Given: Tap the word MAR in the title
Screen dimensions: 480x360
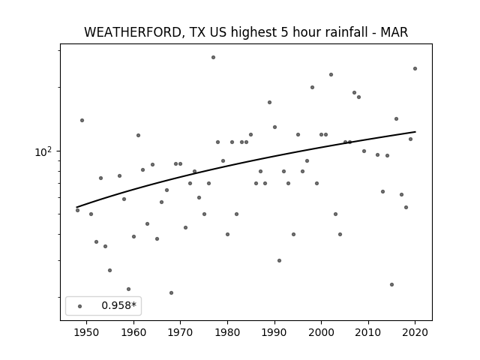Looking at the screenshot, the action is (394, 32).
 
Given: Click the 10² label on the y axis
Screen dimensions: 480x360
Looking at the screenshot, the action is (43, 151).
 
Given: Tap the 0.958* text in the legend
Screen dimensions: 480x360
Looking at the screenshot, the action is (118, 305).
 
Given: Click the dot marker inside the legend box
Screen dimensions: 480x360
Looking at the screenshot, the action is (80, 306).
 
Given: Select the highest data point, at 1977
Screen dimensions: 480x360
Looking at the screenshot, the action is (213, 57).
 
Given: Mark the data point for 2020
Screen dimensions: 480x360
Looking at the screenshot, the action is (415, 68).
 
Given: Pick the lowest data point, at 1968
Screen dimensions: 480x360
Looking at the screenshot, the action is (171, 292).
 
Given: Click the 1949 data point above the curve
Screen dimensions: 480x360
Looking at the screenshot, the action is (82, 120).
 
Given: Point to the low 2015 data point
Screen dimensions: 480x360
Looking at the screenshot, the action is (391, 284).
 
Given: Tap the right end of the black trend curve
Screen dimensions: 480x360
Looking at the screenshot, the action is (415, 132).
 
